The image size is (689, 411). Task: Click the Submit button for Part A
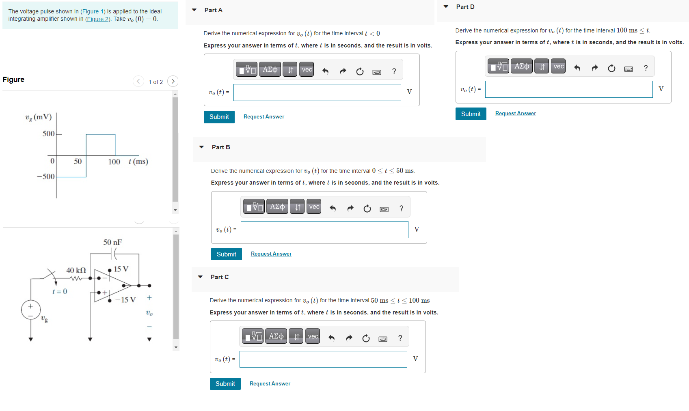(219, 117)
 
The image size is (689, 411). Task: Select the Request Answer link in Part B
(271, 254)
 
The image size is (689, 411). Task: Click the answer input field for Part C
(323, 359)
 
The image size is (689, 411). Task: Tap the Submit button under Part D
(471, 114)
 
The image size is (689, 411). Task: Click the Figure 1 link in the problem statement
(93, 11)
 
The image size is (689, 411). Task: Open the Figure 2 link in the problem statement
(97, 19)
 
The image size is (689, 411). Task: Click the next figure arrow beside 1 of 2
(173, 81)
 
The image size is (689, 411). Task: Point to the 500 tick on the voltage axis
(49, 133)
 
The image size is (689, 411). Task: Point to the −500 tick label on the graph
(46, 176)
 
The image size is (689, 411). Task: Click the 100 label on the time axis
(114, 162)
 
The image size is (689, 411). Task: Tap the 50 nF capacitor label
(112, 242)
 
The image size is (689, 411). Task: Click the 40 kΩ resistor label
(76, 270)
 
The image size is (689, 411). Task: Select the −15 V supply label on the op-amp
(125, 300)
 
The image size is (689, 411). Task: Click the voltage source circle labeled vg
(31, 310)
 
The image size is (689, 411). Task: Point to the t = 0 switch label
(60, 292)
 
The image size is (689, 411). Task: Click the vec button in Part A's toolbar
(307, 70)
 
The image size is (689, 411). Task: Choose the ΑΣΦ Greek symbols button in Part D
(522, 67)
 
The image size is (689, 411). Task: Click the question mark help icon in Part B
(402, 209)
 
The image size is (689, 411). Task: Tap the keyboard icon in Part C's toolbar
(383, 339)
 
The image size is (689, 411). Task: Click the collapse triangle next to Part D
(446, 7)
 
